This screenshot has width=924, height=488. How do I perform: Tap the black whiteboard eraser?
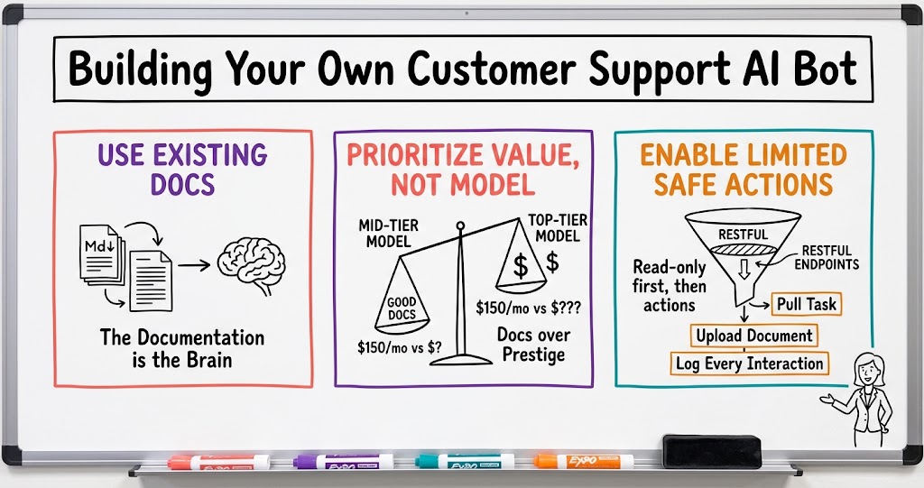pos(712,450)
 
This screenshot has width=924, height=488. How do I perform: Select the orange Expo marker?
pos(584,461)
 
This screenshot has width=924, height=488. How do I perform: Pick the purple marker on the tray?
pos(344,461)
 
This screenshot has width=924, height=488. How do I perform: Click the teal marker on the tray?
pos(465,461)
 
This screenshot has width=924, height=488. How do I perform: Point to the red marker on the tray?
pos(218,462)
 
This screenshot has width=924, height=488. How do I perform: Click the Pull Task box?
pos(806,304)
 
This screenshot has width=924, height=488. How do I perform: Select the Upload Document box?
pos(754,336)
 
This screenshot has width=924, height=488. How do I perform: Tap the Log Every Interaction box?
pos(750,363)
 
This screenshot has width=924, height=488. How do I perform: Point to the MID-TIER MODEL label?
pos(388,234)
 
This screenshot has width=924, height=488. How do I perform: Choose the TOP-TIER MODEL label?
pos(558,228)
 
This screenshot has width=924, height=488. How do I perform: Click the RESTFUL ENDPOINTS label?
pos(827,258)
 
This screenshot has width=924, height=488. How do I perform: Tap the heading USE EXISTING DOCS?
pos(182,170)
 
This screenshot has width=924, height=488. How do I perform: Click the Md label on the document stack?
pos(98,245)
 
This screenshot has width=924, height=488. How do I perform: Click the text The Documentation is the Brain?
pos(182,348)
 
